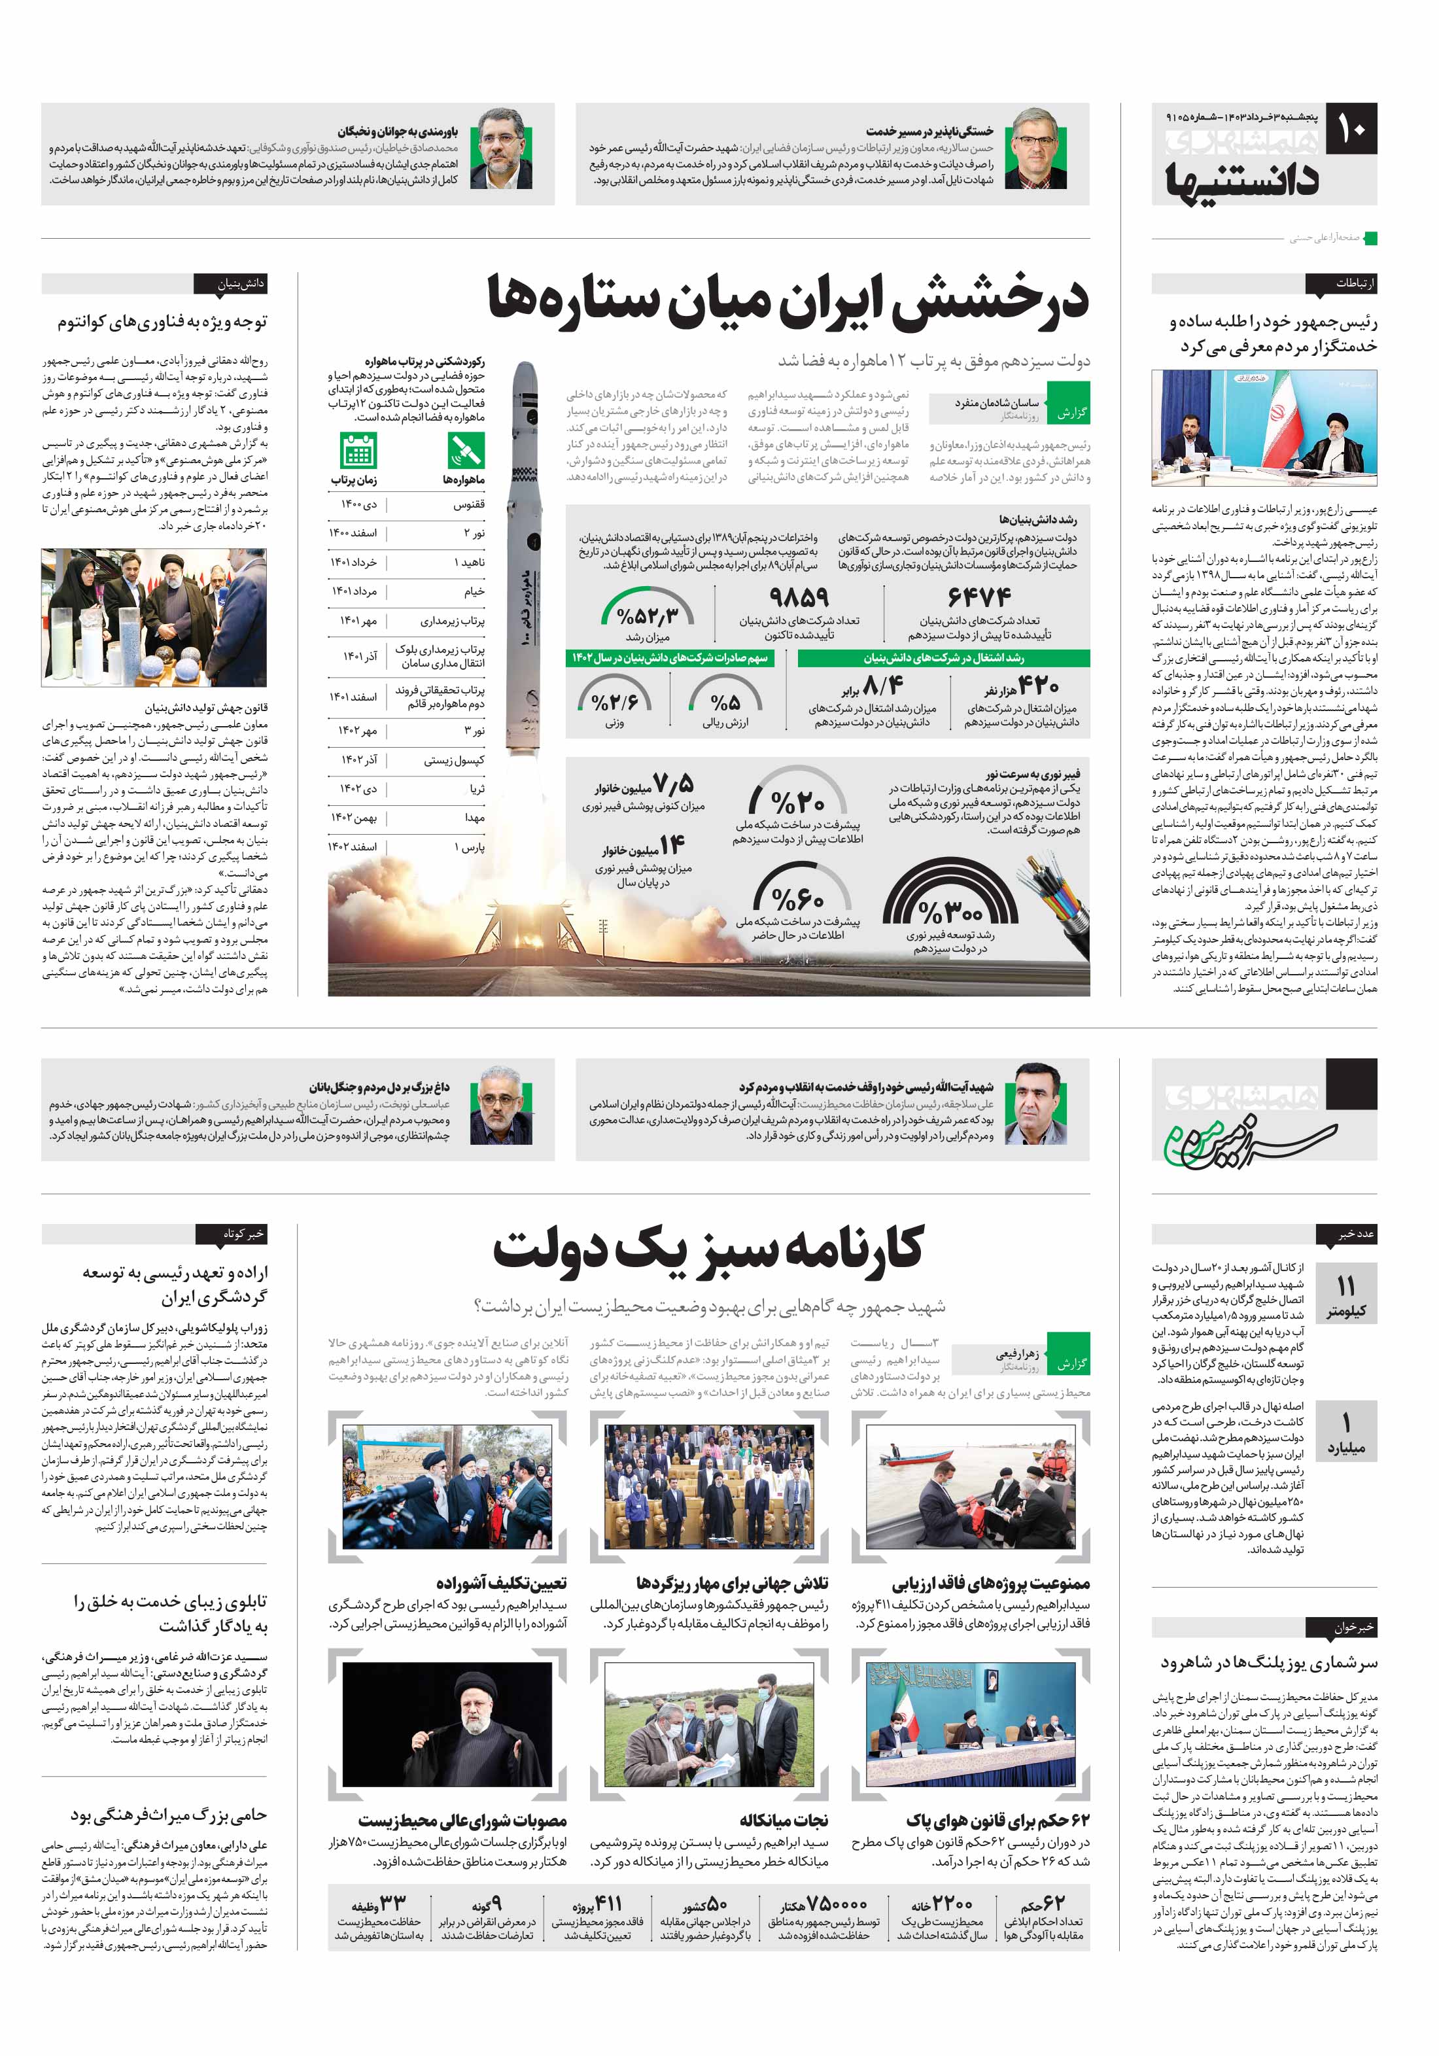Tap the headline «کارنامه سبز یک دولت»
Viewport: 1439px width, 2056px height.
click(x=708, y=1249)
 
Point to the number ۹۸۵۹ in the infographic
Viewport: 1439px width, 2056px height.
click(x=799, y=597)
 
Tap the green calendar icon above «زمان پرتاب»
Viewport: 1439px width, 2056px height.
click(x=358, y=451)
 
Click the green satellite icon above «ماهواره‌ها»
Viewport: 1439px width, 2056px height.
click(x=466, y=451)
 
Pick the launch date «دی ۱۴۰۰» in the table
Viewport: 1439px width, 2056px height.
click(x=358, y=505)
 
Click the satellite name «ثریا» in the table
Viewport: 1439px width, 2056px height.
click(x=476, y=789)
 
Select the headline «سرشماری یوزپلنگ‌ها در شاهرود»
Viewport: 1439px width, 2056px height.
click(x=1269, y=1663)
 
